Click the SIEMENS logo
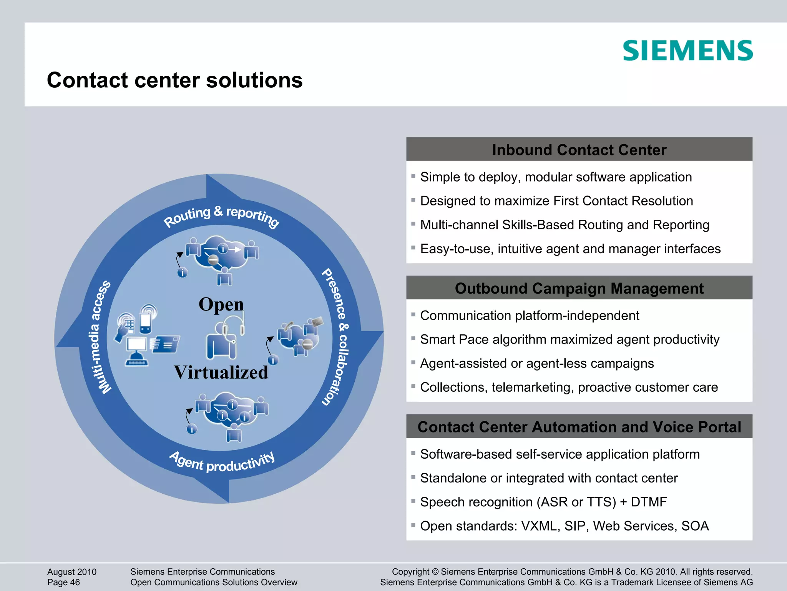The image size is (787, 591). coord(687,51)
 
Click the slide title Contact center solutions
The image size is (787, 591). coord(174,80)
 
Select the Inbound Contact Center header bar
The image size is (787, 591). coord(579,150)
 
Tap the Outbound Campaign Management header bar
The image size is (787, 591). coord(579,288)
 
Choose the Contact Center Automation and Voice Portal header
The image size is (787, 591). coord(579,427)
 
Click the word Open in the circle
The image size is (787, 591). coord(221,304)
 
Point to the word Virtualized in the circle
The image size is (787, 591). coord(221,372)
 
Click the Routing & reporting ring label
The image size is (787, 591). coord(221,216)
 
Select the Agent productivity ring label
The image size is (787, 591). coord(222,462)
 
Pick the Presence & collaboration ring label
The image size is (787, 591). coord(335,337)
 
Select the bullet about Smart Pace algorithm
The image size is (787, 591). coord(569,339)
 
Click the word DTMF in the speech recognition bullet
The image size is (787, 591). coord(649,502)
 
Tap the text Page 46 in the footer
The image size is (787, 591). coord(63,583)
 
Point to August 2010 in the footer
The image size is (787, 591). coord(72,572)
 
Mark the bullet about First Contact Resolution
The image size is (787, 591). coord(556,201)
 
